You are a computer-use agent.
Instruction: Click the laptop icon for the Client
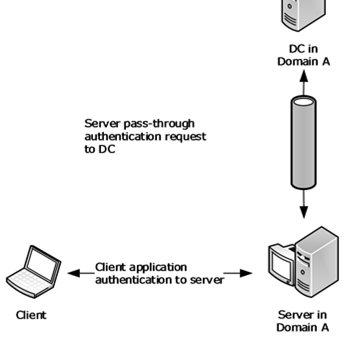coord(33,272)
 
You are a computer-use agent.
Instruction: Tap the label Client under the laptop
coord(31,315)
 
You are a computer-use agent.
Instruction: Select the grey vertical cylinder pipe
coord(304,142)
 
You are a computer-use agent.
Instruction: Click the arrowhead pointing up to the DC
coord(304,76)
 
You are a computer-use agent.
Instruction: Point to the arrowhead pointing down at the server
coord(304,212)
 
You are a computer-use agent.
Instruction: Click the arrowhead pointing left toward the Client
coord(74,273)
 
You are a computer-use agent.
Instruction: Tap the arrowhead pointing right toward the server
coord(246,273)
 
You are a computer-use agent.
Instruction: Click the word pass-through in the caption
coord(159,124)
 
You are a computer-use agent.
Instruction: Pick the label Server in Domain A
coord(303,321)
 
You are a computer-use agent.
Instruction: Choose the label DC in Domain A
coord(304,55)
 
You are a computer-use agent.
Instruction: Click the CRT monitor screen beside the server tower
coord(280,266)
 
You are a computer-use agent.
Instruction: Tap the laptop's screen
coord(43,264)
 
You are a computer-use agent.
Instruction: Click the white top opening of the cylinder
coord(304,101)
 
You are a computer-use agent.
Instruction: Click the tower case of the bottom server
coord(317,262)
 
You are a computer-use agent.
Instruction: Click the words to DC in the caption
coord(100,150)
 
